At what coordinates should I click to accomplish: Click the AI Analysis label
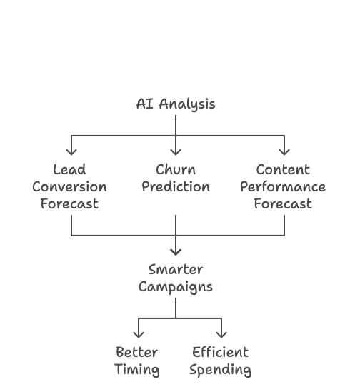coord(176,104)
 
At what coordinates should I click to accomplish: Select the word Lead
coord(69,169)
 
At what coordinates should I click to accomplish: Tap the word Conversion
coord(69,186)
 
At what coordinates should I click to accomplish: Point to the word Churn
coord(176,169)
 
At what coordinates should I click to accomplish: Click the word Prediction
coord(176,186)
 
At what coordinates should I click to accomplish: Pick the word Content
coord(283,169)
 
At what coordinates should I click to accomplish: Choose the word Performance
coord(283,186)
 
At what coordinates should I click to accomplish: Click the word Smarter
coord(176,269)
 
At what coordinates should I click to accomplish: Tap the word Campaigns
coord(176,287)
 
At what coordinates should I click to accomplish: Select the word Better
coord(137,352)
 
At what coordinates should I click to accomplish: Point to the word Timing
coord(137,370)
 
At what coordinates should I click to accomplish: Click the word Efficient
coord(220,352)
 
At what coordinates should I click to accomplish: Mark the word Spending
coord(220,370)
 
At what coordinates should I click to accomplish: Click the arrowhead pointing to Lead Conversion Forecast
coord(71,152)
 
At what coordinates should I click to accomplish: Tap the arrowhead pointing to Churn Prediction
coord(176,152)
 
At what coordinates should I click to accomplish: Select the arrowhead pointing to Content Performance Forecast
coord(284,152)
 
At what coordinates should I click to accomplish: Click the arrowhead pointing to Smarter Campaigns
coord(176,252)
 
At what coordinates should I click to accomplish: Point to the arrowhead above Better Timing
coord(139,335)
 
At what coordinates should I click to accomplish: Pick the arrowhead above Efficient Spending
coord(221,335)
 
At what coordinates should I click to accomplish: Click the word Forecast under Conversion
coord(69,204)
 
